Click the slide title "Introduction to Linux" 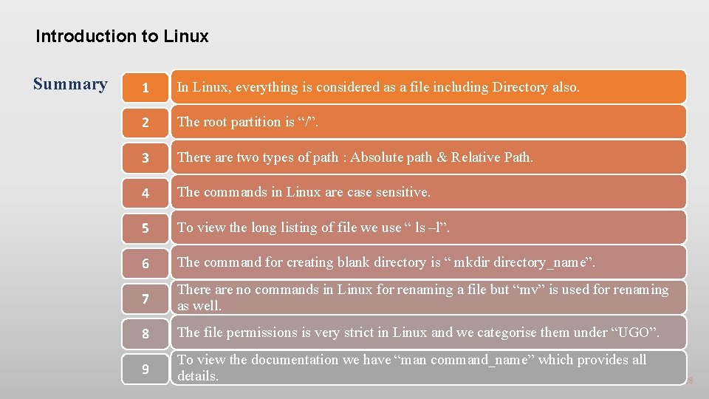tap(122, 36)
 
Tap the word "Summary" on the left tap(70, 83)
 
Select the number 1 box tap(145, 88)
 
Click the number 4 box tap(145, 193)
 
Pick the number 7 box tap(145, 299)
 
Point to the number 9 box tap(145, 368)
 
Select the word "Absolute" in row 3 tap(377, 157)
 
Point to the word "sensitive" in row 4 tap(402, 192)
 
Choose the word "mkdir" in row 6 tap(473, 262)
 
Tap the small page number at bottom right tap(691, 381)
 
